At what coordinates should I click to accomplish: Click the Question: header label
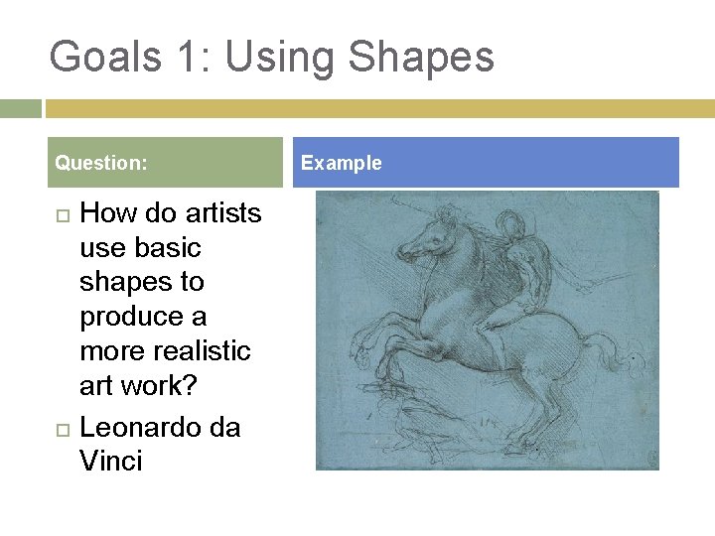(x=101, y=163)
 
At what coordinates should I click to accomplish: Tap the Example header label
(x=341, y=163)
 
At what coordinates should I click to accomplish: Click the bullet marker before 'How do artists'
(x=63, y=214)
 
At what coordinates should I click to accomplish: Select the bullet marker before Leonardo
(x=63, y=428)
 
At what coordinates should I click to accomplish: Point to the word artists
(x=222, y=213)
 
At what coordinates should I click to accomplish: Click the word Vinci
(x=110, y=461)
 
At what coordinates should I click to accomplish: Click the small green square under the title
(x=20, y=108)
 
